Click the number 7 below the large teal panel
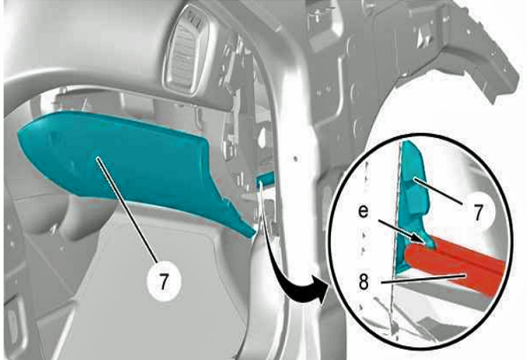point(163,281)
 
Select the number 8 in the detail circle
point(364,282)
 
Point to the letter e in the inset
point(363,212)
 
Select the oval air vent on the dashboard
point(187,50)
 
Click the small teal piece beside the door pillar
point(265,178)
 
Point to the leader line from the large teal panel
point(128,211)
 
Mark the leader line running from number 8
point(423,280)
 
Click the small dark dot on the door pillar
point(295,158)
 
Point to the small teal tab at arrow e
point(430,243)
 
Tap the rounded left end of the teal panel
point(21,135)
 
